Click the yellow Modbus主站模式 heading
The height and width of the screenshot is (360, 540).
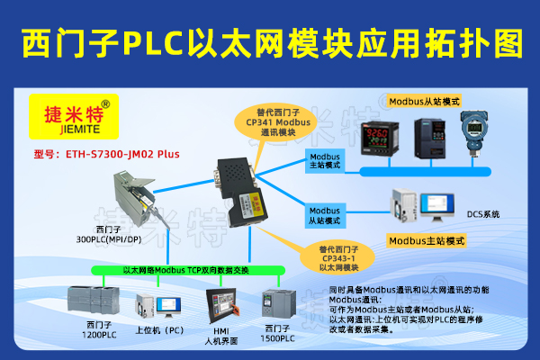click(x=426, y=241)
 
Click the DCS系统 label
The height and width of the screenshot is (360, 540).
click(x=482, y=214)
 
